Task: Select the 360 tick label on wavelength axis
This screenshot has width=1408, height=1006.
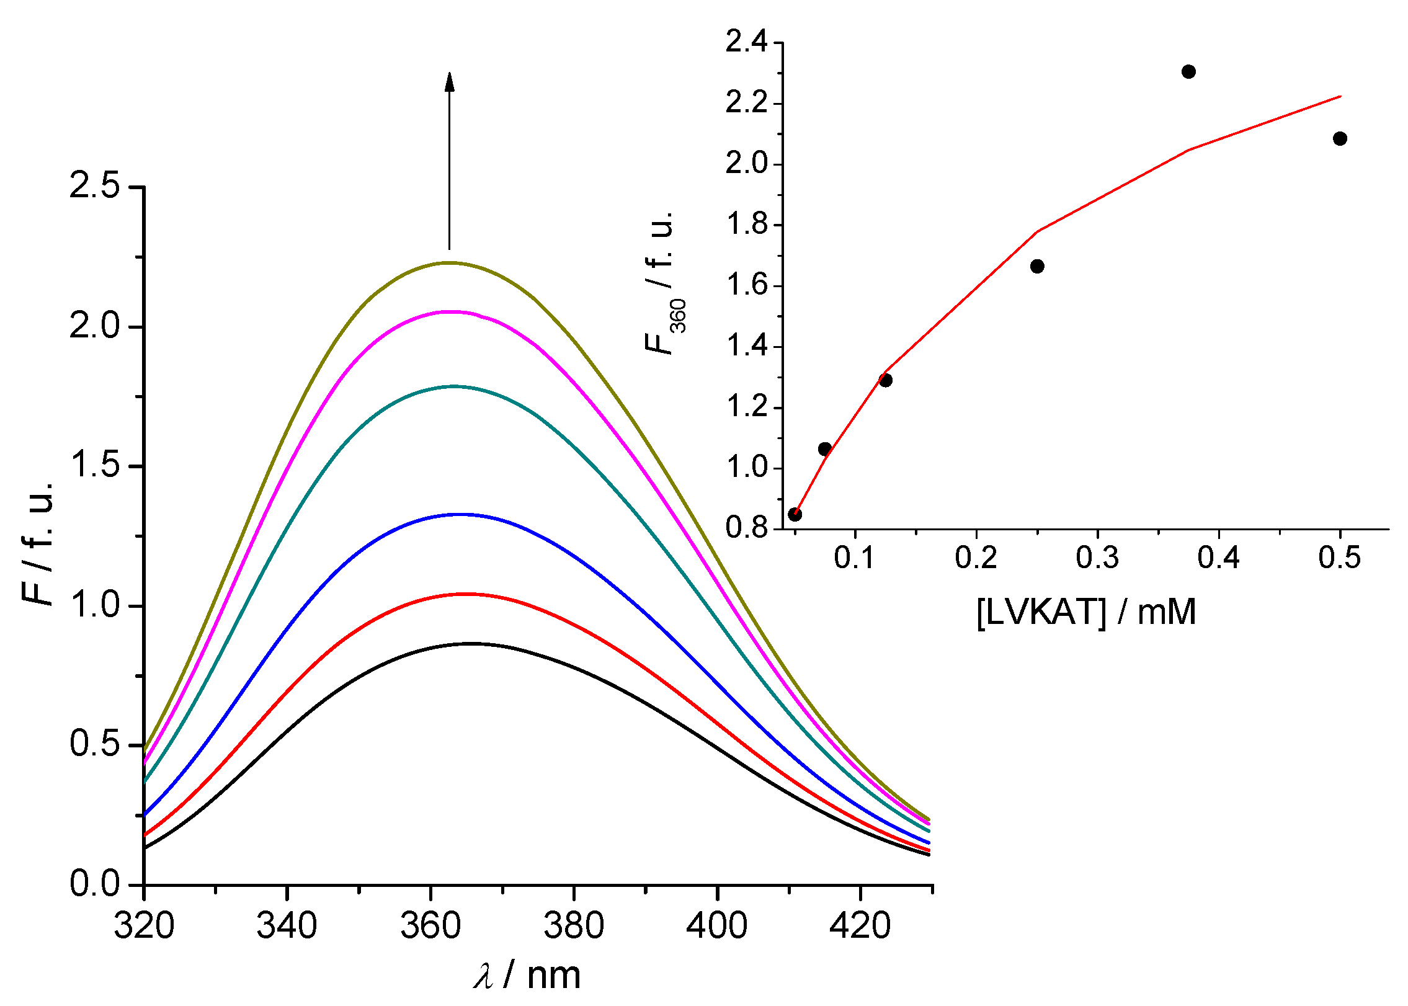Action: (x=430, y=926)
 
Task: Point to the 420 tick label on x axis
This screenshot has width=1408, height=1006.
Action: (x=860, y=926)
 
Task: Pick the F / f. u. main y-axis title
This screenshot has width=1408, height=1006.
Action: (x=38, y=543)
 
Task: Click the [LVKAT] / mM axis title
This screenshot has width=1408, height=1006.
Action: (x=1085, y=612)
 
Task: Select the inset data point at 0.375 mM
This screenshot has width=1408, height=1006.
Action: (x=1188, y=72)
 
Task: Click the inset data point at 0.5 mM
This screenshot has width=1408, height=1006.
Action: (x=1340, y=138)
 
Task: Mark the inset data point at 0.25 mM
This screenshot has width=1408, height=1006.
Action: (x=1037, y=267)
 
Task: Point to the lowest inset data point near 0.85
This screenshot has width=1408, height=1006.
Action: (x=795, y=514)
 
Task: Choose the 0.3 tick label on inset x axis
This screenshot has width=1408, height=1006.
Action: (x=1097, y=558)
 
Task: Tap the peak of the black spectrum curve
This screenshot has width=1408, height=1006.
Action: (x=471, y=644)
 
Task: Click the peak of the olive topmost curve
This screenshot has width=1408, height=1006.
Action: (x=449, y=262)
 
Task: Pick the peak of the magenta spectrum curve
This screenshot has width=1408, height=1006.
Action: (x=452, y=312)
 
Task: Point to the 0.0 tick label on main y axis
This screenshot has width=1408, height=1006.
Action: (x=94, y=883)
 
